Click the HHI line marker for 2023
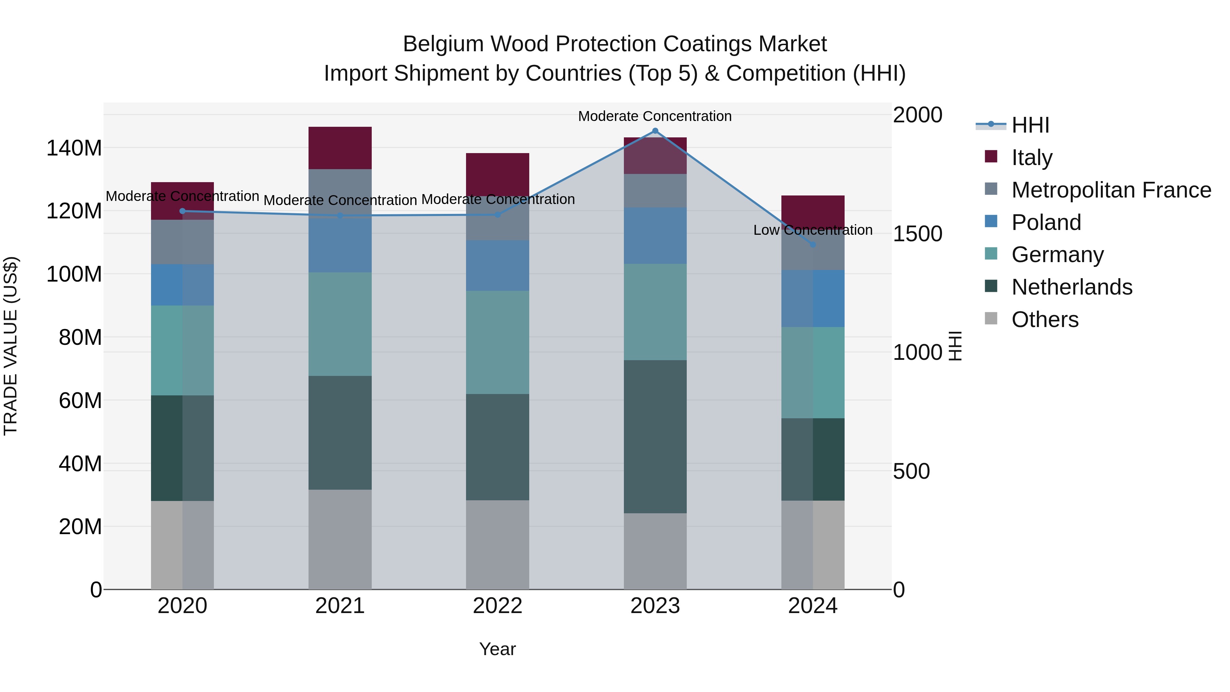655,131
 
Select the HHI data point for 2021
340,216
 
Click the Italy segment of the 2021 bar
340,148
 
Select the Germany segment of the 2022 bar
497,342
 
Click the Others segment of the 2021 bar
340,539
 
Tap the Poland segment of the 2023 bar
655,235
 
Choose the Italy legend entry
1031,158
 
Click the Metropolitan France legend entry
1111,190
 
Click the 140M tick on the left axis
74,148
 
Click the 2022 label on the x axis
497,606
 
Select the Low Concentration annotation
813,230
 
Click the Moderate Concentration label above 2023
655,116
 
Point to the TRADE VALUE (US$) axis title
11,346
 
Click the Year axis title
497,649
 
